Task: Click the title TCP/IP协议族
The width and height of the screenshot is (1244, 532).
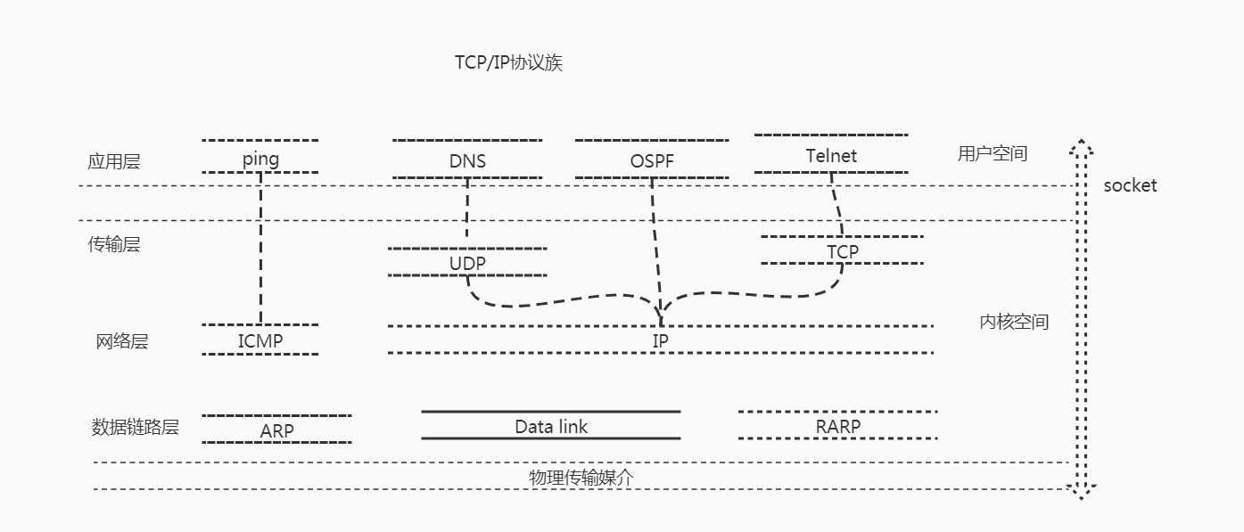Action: click(x=508, y=64)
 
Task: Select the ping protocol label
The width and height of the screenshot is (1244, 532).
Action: click(x=260, y=160)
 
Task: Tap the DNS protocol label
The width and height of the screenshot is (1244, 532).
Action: click(x=468, y=161)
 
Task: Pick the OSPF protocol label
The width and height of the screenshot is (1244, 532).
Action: click(x=653, y=161)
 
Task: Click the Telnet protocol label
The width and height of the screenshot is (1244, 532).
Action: click(x=831, y=156)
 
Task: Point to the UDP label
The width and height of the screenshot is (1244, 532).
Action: click(x=468, y=263)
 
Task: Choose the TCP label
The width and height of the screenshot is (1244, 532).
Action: click(x=843, y=252)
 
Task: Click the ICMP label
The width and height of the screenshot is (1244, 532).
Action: click(x=260, y=340)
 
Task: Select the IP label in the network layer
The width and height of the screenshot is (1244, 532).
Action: click(x=661, y=341)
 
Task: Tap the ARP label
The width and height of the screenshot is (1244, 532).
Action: click(x=277, y=431)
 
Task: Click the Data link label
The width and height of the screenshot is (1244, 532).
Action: click(x=551, y=427)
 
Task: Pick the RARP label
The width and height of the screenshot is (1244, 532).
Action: click(x=838, y=427)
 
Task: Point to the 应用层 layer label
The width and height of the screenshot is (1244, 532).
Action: click(x=114, y=162)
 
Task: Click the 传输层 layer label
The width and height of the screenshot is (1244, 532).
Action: click(x=114, y=245)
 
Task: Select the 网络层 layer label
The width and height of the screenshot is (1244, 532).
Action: click(x=122, y=341)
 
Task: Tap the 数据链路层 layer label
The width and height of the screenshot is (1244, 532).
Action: click(x=136, y=427)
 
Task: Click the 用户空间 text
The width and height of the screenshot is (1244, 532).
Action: click(x=993, y=154)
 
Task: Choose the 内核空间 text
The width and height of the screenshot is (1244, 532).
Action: click(x=1014, y=323)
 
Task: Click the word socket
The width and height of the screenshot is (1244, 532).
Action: click(x=1130, y=185)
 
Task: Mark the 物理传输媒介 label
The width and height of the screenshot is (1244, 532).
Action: click(x=581, y=478)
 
